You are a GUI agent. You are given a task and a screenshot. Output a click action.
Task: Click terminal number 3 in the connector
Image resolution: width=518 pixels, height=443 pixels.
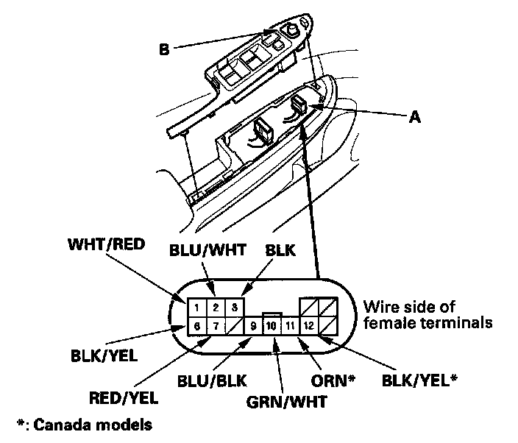pos(233,305)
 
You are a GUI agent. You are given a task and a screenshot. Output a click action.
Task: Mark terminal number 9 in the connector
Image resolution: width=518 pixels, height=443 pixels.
pos(254,325)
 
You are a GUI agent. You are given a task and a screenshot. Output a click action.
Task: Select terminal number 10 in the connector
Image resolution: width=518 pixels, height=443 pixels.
pos(272,325)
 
